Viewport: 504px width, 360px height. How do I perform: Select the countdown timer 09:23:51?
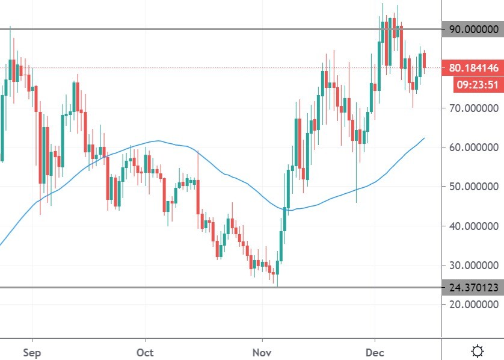[x=478, y=85]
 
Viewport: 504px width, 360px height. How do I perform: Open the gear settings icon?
[x=478, y=350]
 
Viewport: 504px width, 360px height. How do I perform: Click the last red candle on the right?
[x=425, y=61]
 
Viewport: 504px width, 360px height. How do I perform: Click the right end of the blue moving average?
[x=425, y=138]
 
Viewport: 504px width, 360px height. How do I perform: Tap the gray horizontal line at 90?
[x=180, y=29]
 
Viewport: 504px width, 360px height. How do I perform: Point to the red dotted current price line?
[x=180, y=68]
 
